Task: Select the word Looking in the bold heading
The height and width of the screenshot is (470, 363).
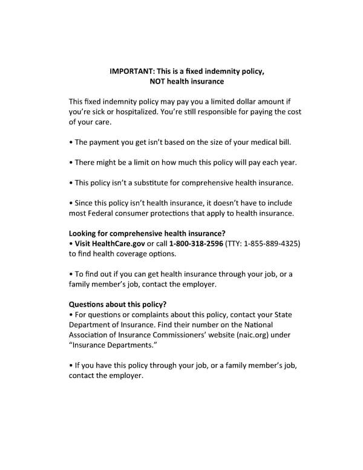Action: click(83, 233)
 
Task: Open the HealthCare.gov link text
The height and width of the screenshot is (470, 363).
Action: click(119, 243)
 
